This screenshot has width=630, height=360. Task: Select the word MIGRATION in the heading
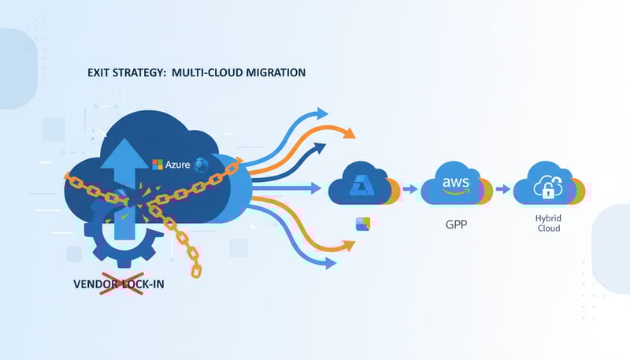[272, 73]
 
